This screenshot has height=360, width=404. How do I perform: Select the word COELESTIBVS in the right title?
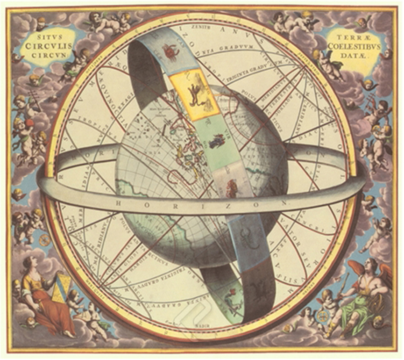[x=354, y=45]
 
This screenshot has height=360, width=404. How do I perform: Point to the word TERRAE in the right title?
[x=354, y=36]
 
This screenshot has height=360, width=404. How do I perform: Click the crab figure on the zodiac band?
[x=170, y=51]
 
